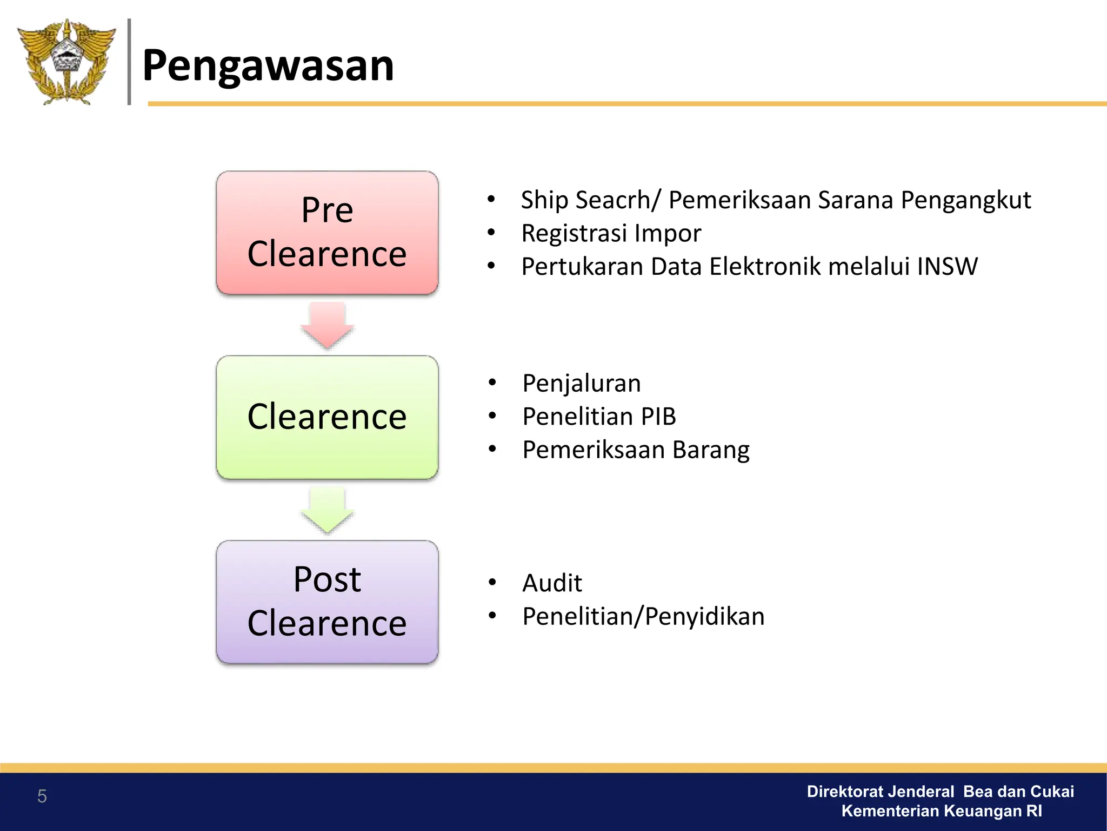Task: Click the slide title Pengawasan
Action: (268, 65)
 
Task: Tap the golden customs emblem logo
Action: (66, 62)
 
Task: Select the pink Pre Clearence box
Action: (327, 233)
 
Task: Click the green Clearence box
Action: (327, 417)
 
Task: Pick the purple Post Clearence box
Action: (327, 602)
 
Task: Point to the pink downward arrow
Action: (327, 325)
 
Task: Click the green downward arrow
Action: (327, 510)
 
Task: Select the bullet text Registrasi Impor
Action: (611, 234)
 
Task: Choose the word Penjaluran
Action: (582, 384)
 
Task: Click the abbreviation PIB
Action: (658, 417)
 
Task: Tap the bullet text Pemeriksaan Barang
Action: (636, 450)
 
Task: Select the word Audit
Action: (552, 583)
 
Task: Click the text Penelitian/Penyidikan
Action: (643, 617)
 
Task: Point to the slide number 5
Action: (42, 796)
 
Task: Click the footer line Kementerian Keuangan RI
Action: (941, 811)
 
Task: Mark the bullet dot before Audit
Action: (492, 583)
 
